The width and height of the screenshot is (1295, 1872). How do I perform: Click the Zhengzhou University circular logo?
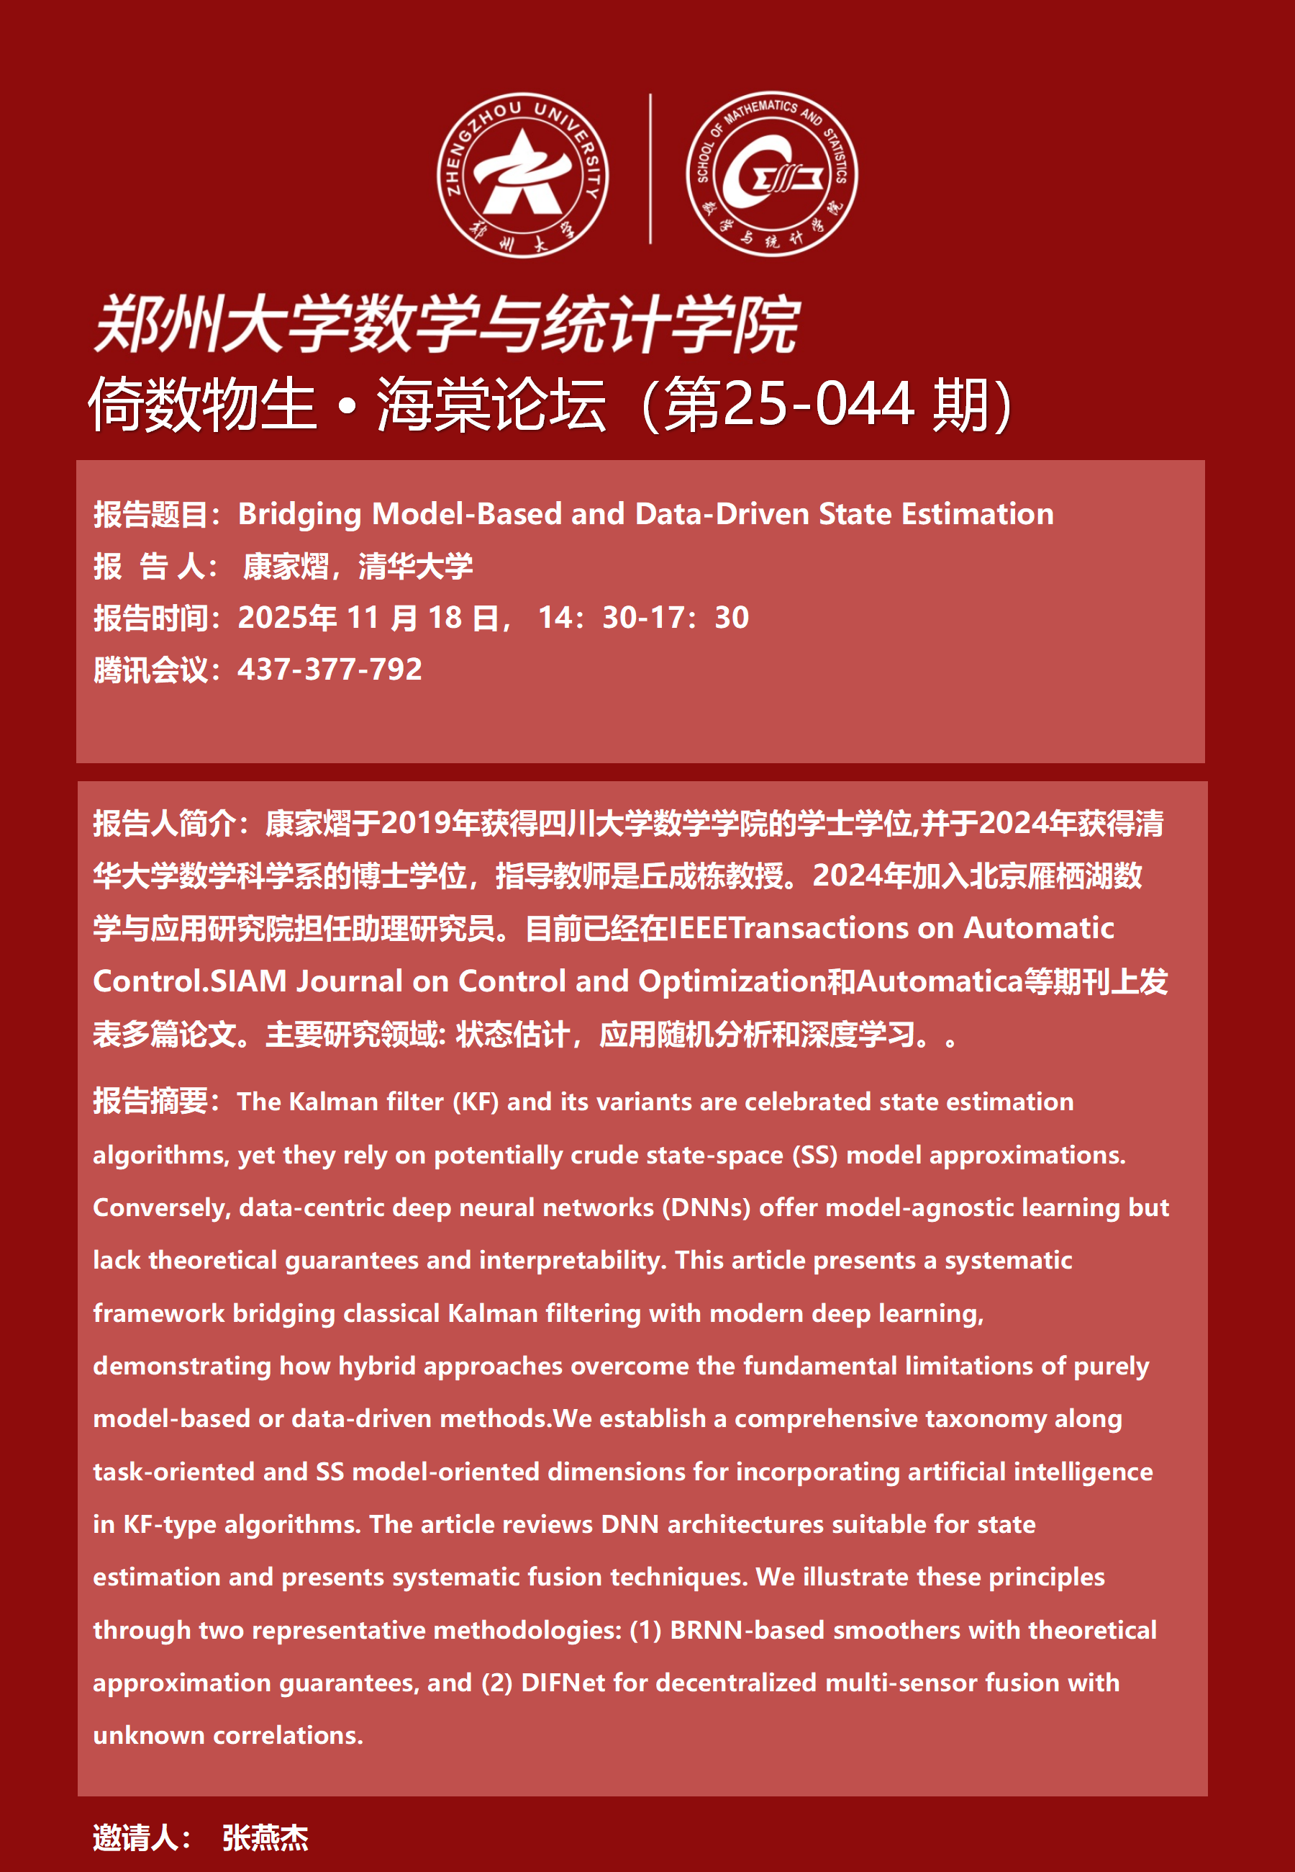[x=522, y=174]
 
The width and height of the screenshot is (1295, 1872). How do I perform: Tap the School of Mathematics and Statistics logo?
[x=772, y=174]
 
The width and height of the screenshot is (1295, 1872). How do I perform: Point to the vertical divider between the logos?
[x=650, y=169]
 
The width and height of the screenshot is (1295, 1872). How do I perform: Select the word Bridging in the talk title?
[x=299, y=514]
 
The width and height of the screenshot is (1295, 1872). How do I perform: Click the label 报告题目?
[x=151, y=515]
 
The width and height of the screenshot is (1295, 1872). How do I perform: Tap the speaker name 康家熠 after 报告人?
[x=286, y=566]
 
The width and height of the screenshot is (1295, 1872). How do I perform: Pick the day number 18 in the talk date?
[x=445, y=618]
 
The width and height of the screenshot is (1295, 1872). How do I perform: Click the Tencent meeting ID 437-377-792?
[x=330, y=670]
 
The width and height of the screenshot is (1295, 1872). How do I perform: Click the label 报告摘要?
[x=151, y=1102]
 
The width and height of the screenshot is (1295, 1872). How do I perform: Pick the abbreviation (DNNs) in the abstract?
[x=706, y=1207]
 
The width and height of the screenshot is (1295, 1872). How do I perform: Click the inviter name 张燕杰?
[x=265, y=1838]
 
